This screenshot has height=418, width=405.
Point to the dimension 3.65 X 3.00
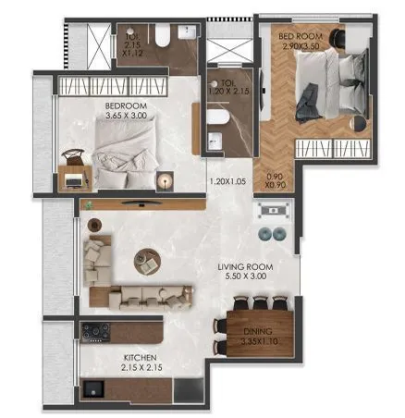tap(128, 117)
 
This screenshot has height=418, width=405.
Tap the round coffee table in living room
tap(146, 258)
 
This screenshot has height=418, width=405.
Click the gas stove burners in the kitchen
tap(95, 331)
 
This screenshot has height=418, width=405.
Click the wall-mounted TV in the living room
tap(139, 203)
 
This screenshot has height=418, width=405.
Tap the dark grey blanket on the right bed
tap(309, 91)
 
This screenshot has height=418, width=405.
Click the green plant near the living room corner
tap(88, 204)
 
